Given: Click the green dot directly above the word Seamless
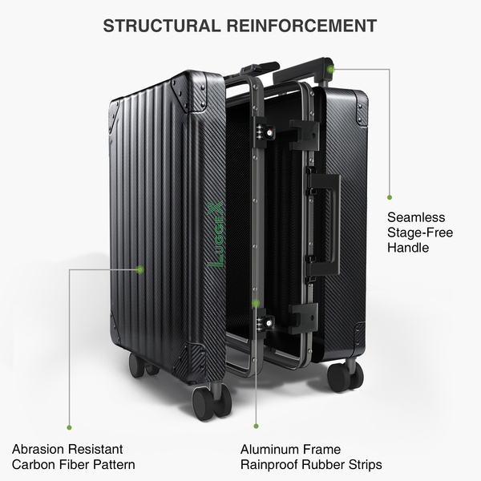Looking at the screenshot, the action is (x=390, y=196).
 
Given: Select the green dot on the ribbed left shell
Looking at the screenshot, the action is (x=139, y=269).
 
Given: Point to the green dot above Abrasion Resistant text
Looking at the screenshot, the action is (x=69, y=427).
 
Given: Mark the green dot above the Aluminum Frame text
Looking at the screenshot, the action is (x=256, y=426).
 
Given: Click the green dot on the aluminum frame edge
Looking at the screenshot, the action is (x=255, y=303).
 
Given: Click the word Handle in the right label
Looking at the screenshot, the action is (x=408, y=248).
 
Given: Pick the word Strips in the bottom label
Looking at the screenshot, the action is (x=362, y=465).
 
